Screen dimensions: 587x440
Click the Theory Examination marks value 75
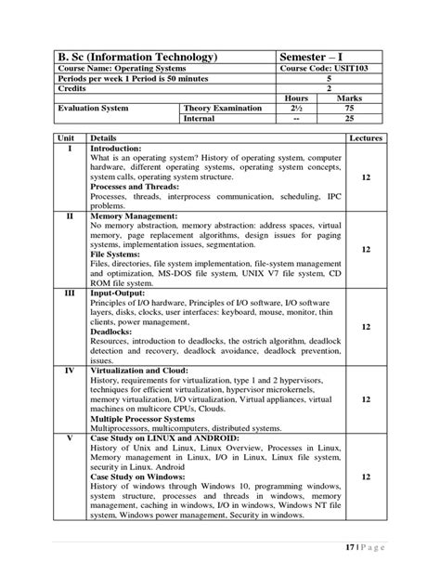[349, 109]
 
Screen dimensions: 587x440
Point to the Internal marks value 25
[349, 119]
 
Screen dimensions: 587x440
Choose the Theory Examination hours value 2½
[296, 109]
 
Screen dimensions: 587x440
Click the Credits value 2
[330, 89]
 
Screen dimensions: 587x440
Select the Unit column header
[65, 137]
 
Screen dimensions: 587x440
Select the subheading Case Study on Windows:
[140, 476]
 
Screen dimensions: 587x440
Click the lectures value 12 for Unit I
[366, 176]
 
